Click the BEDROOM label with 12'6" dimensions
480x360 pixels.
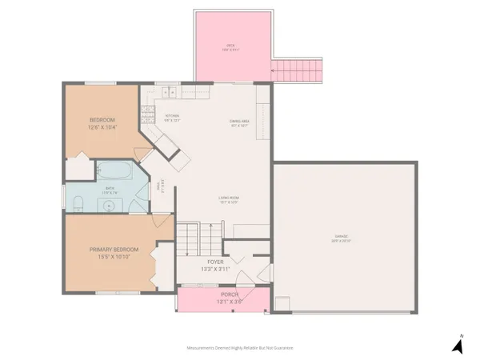tap(103, 123)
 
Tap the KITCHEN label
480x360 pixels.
tap(173, 118)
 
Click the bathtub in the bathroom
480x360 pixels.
tap(113, 171)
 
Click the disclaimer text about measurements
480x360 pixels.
tap(240, 348)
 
